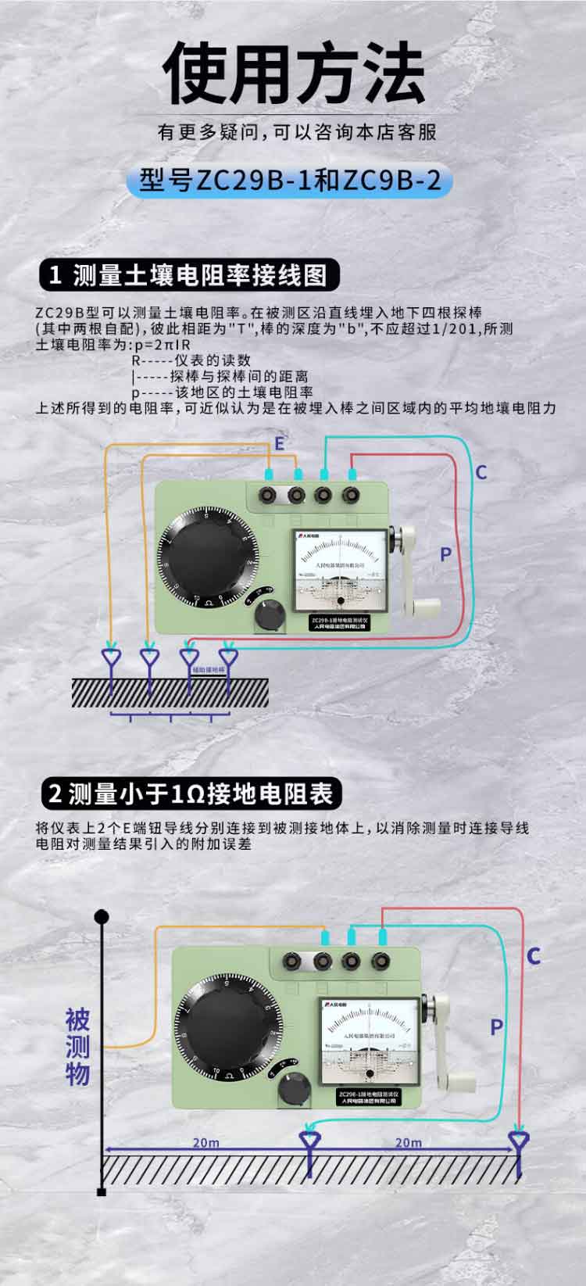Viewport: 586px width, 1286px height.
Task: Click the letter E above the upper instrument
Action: pyautogui.click(x=279, y=445)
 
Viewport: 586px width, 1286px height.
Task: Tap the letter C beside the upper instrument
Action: pyautogui.click(x=481, y=471)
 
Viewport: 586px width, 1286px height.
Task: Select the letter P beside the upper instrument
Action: pyautogui.click(x=445, y=554)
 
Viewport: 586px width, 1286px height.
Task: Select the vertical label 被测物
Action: pyautogui.click(x=77, y=1047)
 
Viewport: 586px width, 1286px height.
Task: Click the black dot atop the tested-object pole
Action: pyautogui.click(x=101, y=916)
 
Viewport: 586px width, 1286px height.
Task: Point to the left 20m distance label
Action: pyautogui.click(x=205, y=1142)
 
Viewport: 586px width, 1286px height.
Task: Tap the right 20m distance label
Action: pyautogui.click(x=408, y=1142)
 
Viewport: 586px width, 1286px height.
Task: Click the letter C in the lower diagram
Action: pyautogui.click(x=534, y=955)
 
